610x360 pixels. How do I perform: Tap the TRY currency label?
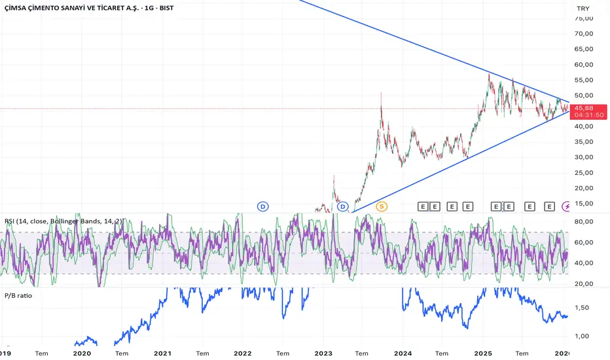click(x=581, y=9)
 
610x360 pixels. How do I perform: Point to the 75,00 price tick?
click(x=584, y=18)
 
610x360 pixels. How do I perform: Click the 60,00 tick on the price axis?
click(x=584, y=65)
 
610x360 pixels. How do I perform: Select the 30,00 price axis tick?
click(x=584, y=157)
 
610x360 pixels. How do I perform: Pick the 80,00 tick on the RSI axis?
click(x=584, y=221)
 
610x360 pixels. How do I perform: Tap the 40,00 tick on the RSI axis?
click(x=584, y=263)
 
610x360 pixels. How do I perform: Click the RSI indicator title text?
click(x=62, y=221)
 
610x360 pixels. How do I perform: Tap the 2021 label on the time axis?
click(x=162, y=353)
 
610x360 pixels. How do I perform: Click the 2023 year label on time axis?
click(x=323, y=353)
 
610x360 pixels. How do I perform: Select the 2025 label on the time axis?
click(x=483, y=353)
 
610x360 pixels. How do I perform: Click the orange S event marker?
click(x=381, y=206)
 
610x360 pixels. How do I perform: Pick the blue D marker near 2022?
click(x=262, y=206)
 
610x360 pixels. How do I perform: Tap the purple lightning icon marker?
click(x=566, y=206)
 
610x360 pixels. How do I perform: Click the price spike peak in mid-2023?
click(x=381, y=94)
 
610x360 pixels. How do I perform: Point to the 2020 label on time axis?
click(x=82, y=353)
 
